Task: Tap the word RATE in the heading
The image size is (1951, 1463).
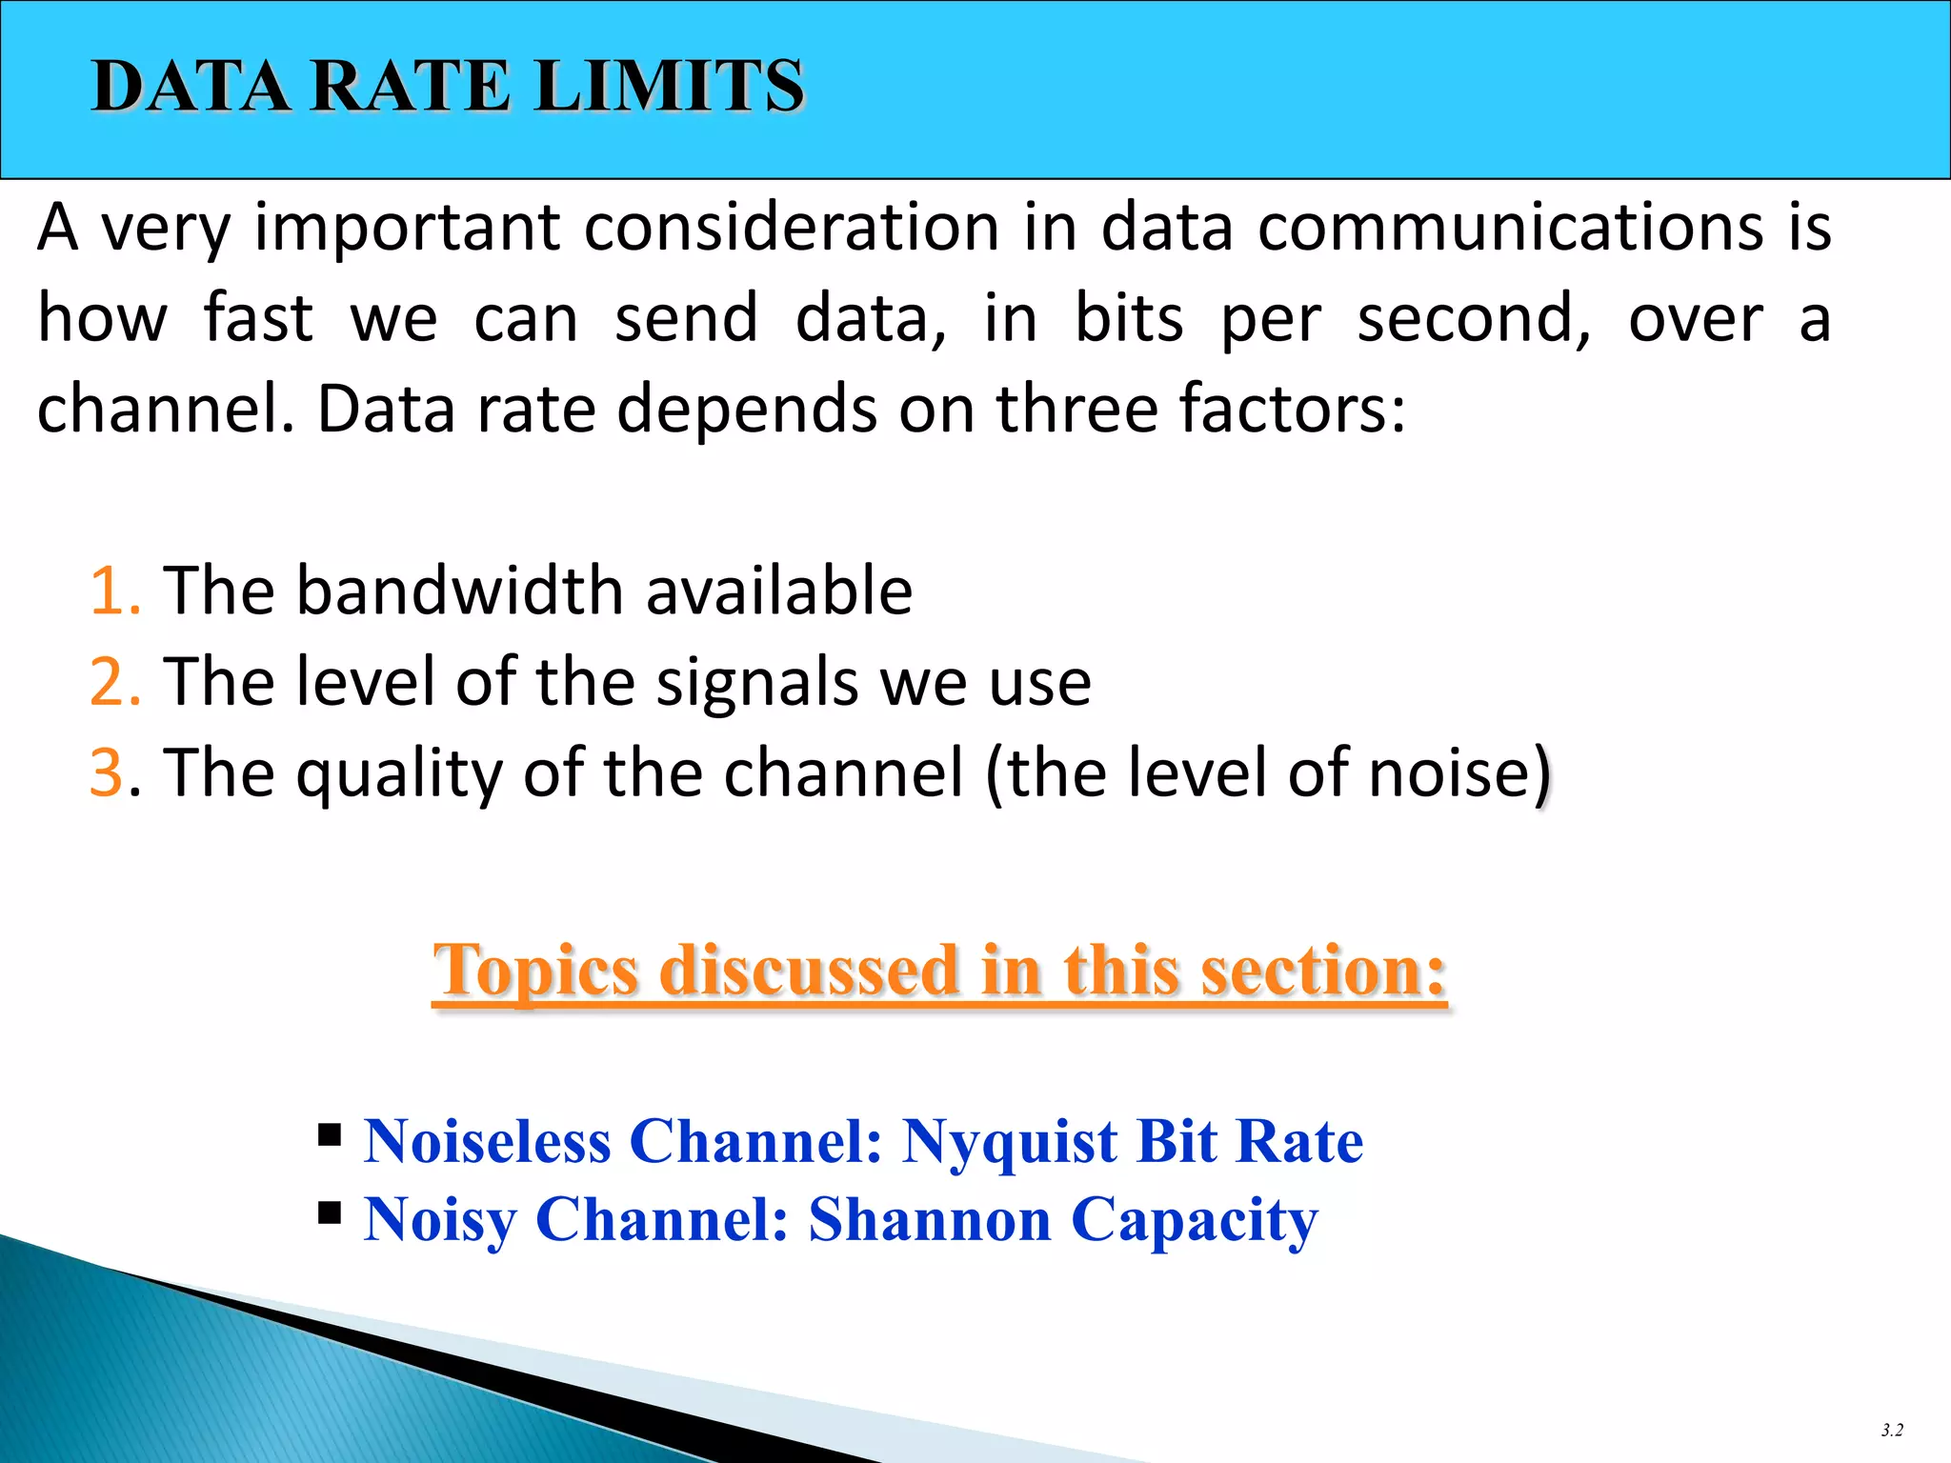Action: [411, 87]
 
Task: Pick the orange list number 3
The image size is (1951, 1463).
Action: [106, 772]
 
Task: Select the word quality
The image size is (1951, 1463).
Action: [399, 773]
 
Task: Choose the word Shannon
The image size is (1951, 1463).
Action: [929, 1219]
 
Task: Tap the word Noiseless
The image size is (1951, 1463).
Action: [487, 1141]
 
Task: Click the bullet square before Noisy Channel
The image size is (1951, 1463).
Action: [330, 1213]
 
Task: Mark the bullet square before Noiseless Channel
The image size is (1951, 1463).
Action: [330, 1134]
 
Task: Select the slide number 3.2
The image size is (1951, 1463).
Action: [1891, 1430]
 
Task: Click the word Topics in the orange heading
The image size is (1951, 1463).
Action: [535, 972]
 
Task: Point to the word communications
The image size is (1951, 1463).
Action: [1511, 228]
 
